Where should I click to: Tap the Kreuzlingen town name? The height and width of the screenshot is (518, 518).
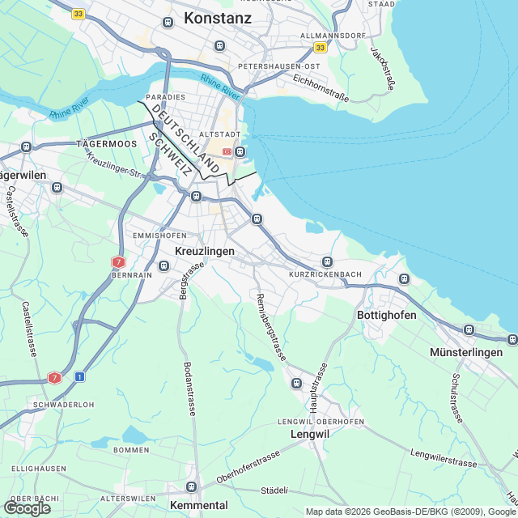(x=205, y=252)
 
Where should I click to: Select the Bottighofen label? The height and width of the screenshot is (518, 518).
(x=387, y=315)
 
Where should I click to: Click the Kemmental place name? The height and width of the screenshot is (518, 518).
(x=199, y=504)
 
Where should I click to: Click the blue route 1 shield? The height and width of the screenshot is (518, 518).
(x=79, y=376)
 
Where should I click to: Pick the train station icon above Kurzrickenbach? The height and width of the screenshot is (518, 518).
(x=327, y=261)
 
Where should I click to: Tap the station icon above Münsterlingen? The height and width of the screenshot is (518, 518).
(x=469, y=329)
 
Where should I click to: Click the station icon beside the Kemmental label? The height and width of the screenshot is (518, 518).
(x=192, y=486)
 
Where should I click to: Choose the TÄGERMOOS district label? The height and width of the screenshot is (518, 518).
(x=107, y=143)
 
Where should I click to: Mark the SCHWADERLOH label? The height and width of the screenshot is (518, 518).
(x=59, y=405)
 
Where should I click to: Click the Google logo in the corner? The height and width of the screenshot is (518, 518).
(x=27, y=507)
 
